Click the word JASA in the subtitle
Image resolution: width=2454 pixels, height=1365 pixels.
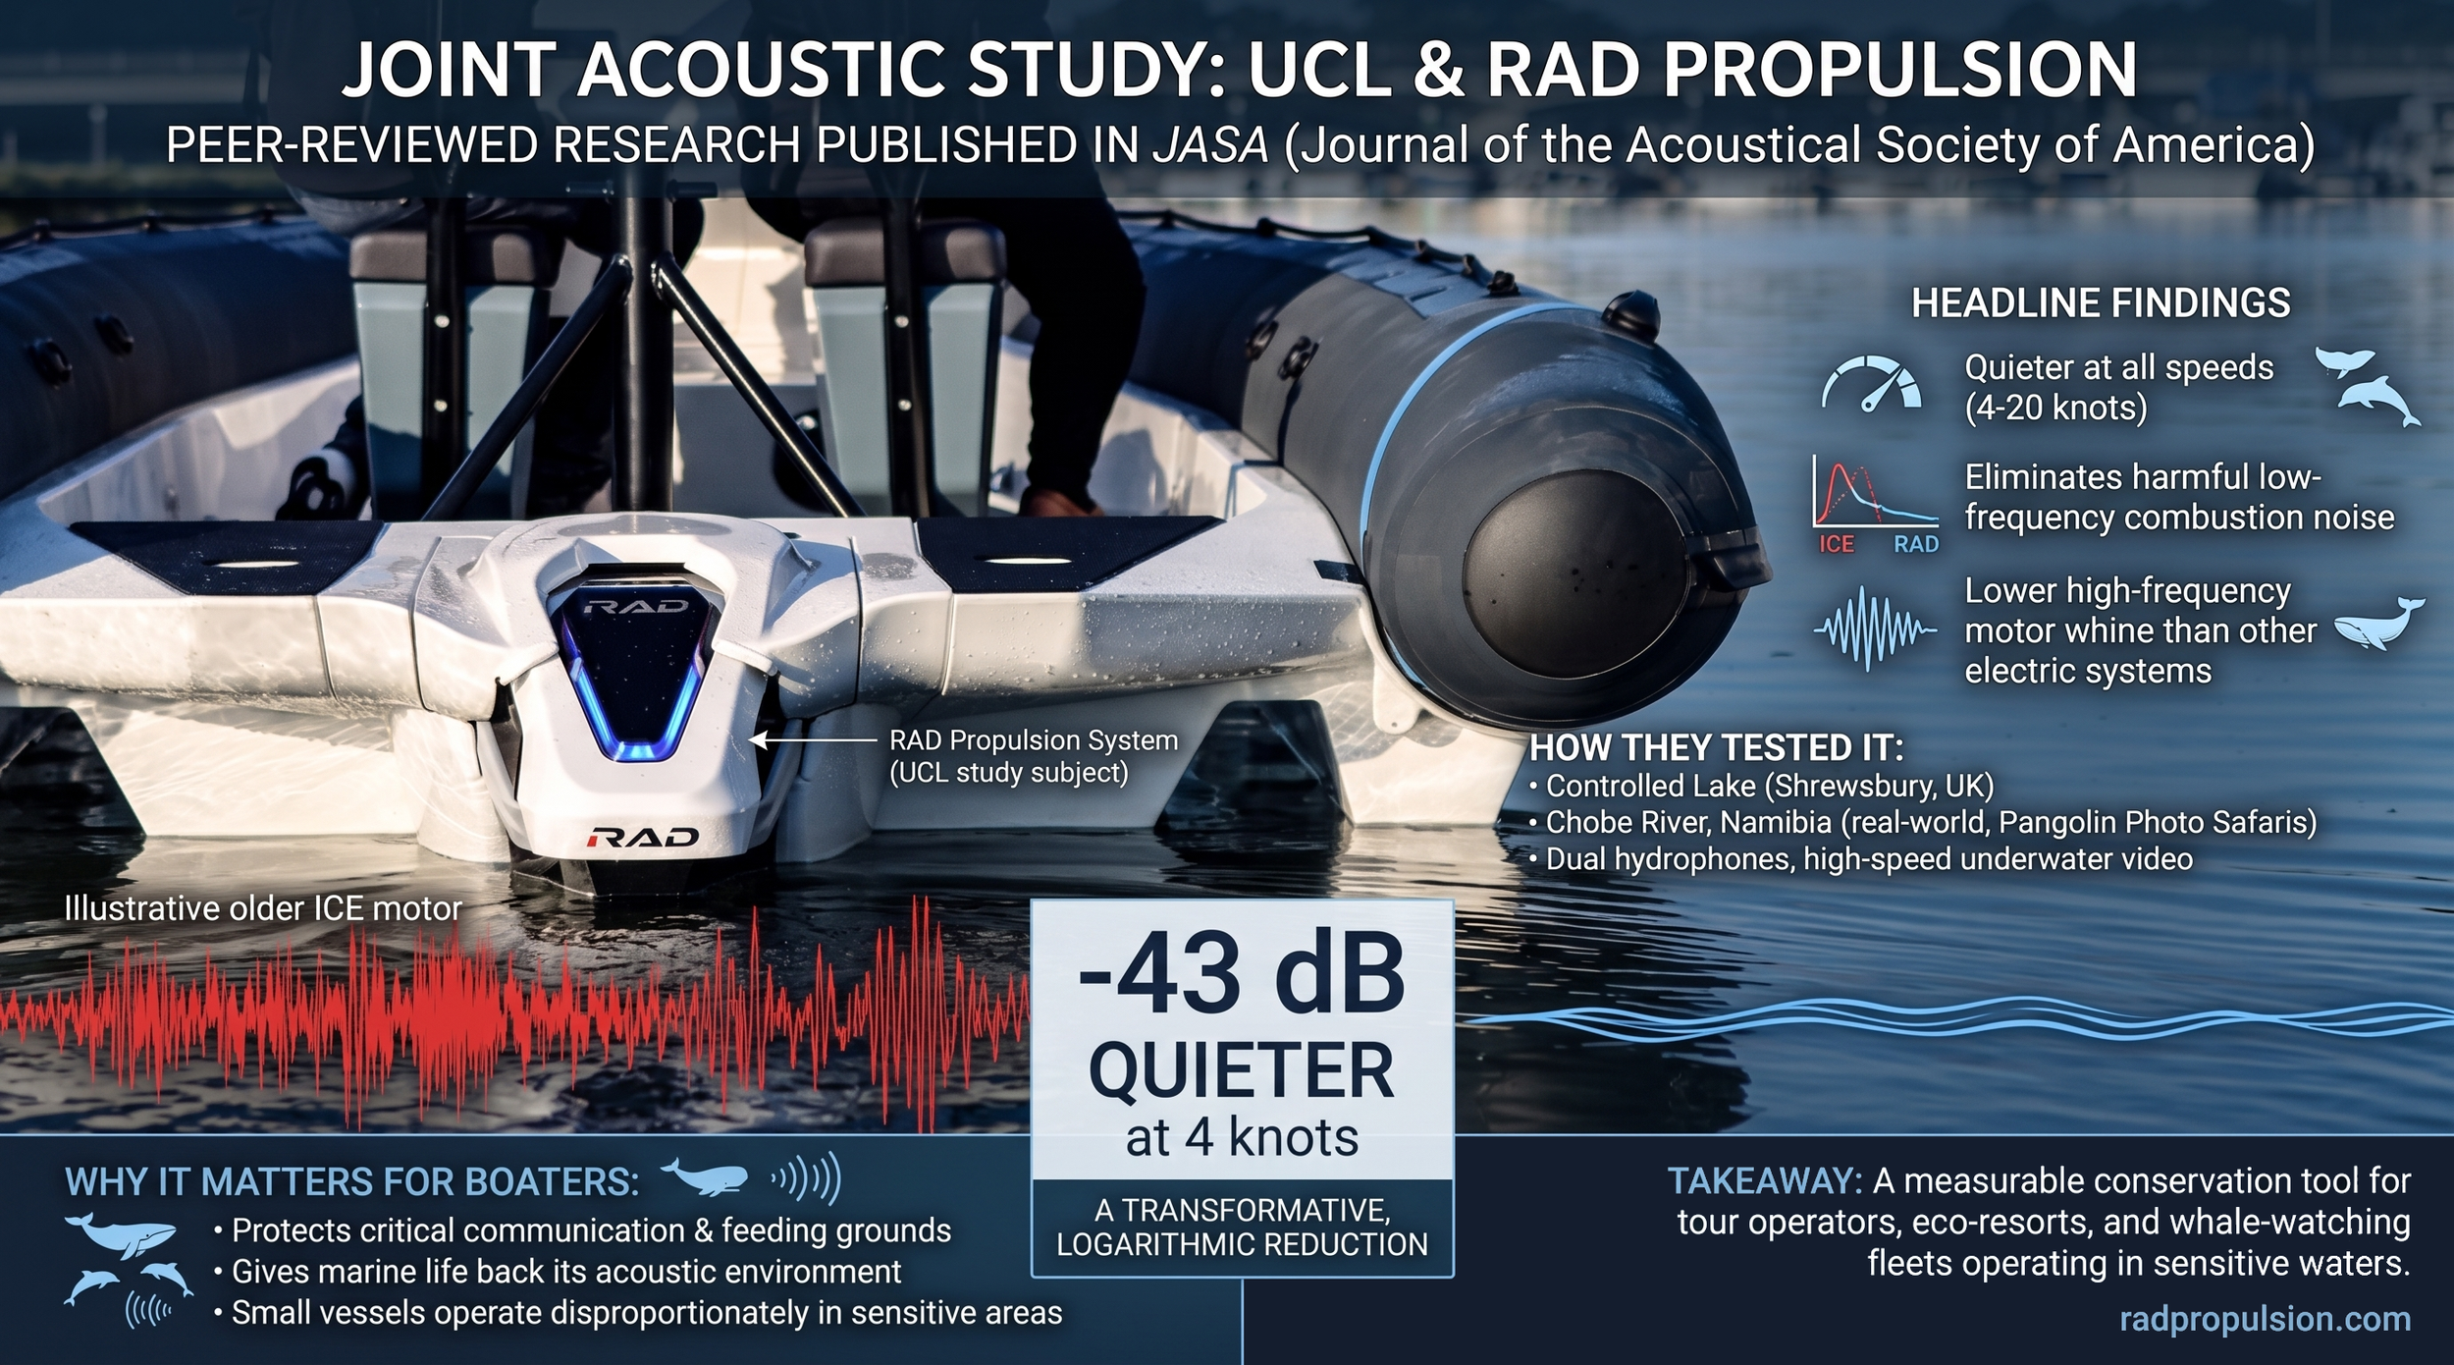coord(1210,145)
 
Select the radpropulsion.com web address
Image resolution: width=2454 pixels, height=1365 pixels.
coord(2265,1318)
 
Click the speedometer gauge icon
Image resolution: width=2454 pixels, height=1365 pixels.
coord(1871,383)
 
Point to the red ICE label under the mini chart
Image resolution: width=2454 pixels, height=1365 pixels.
coord(1836,544)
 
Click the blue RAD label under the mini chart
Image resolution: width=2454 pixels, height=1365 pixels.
coord(1916,544)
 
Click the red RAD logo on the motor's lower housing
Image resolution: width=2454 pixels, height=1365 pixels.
coord(643,837)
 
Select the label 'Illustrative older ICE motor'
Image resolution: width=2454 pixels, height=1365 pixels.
coord(262,908)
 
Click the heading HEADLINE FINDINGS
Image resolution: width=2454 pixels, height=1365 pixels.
coord(2101,302)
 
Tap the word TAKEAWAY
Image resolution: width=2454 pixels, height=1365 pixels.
coord(1764,1180)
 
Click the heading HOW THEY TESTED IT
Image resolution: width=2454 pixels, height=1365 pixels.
coord(1716,748)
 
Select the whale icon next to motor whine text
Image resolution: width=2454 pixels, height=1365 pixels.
coord(2377,625)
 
